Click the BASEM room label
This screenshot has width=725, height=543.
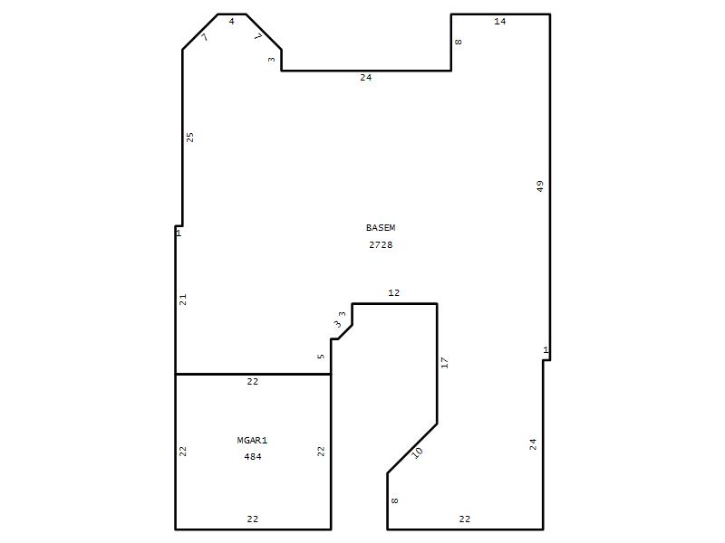(381, 228)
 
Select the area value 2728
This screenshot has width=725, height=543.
(381, 244)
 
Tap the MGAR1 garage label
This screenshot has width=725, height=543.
(252, 441)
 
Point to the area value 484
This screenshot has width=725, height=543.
(253, 457)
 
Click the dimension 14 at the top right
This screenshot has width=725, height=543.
(500, 21)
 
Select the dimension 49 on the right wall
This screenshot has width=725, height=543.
(540, 186)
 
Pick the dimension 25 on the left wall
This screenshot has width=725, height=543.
(189, 138)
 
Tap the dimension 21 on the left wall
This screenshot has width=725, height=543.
(183, 300)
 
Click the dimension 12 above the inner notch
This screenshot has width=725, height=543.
(394, 292)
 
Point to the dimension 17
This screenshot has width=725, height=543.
(444, 363)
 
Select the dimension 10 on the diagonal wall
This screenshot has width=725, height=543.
(417, 452)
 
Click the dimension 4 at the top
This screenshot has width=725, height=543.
(232, 21)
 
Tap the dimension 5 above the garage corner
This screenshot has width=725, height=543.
(321, 357)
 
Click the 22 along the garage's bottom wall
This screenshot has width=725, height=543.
(253, 519)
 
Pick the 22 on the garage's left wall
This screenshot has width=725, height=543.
(183, 451)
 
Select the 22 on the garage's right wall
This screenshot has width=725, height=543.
(321, 451)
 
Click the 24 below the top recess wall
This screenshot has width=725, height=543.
(366, 78)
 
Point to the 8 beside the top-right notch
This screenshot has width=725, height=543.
(458, 42)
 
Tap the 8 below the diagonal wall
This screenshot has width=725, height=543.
(394, 500)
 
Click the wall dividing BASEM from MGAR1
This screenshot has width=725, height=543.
(253, 374)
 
